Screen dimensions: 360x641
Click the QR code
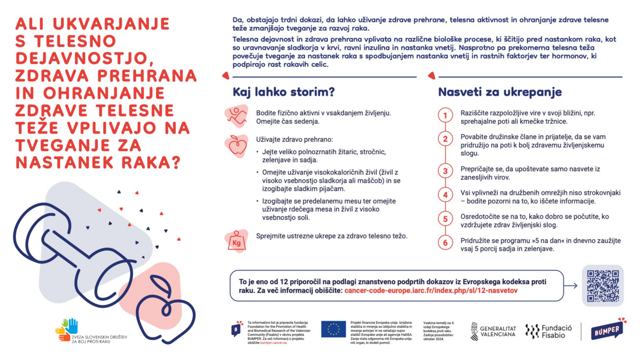602,286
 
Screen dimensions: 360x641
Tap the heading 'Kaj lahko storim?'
284,92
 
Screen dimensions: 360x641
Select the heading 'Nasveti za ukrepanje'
499,92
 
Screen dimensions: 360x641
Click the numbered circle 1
445,116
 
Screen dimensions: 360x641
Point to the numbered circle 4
445,195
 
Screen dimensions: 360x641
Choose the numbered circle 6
445,243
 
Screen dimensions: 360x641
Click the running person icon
237,116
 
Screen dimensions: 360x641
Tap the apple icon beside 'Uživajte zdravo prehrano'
237,145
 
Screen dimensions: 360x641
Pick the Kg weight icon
237,241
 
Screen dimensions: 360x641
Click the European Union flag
333,330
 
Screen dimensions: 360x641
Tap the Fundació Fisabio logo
549,332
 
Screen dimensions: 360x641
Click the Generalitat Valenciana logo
493,331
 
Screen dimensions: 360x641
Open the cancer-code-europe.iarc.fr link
431,291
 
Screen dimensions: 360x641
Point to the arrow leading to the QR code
570,286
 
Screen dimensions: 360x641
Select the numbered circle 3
445,171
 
